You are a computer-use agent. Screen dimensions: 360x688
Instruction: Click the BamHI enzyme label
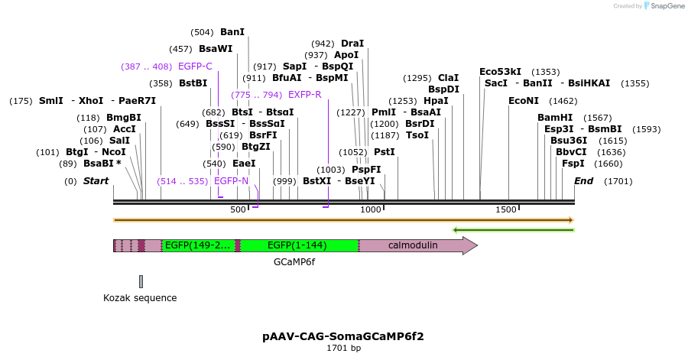tap(554, 118)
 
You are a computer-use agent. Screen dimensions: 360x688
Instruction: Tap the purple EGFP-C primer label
tap(194, 66)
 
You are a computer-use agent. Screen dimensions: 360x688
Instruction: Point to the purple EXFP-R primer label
tap(304, 95)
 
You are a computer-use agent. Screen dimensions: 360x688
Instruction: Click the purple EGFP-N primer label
tap(231, 181)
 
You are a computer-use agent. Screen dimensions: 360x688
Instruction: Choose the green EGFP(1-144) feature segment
tap(300, 245)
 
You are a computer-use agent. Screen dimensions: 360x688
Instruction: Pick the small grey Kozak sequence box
tap(141, 282)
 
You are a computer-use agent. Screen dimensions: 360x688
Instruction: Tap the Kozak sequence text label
tap(140, 298)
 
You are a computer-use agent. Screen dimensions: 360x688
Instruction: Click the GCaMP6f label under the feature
tap(294, 262)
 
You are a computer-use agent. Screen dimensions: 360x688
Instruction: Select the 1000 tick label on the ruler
tap(371, 210)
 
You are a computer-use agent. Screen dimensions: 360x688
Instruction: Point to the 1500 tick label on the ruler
tap(506, 210)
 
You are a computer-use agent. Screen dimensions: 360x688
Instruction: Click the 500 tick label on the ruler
tap(239, 210)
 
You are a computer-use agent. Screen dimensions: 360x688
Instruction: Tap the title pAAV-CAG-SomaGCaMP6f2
tap(343, 336)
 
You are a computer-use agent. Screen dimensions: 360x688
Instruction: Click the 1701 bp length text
tap(343, 349)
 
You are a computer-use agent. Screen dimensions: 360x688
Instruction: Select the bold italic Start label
tap(96, 181)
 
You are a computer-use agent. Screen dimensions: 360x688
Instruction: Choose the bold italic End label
tap(583, 181)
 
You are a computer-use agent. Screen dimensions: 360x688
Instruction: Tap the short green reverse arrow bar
tap(513, 229)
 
